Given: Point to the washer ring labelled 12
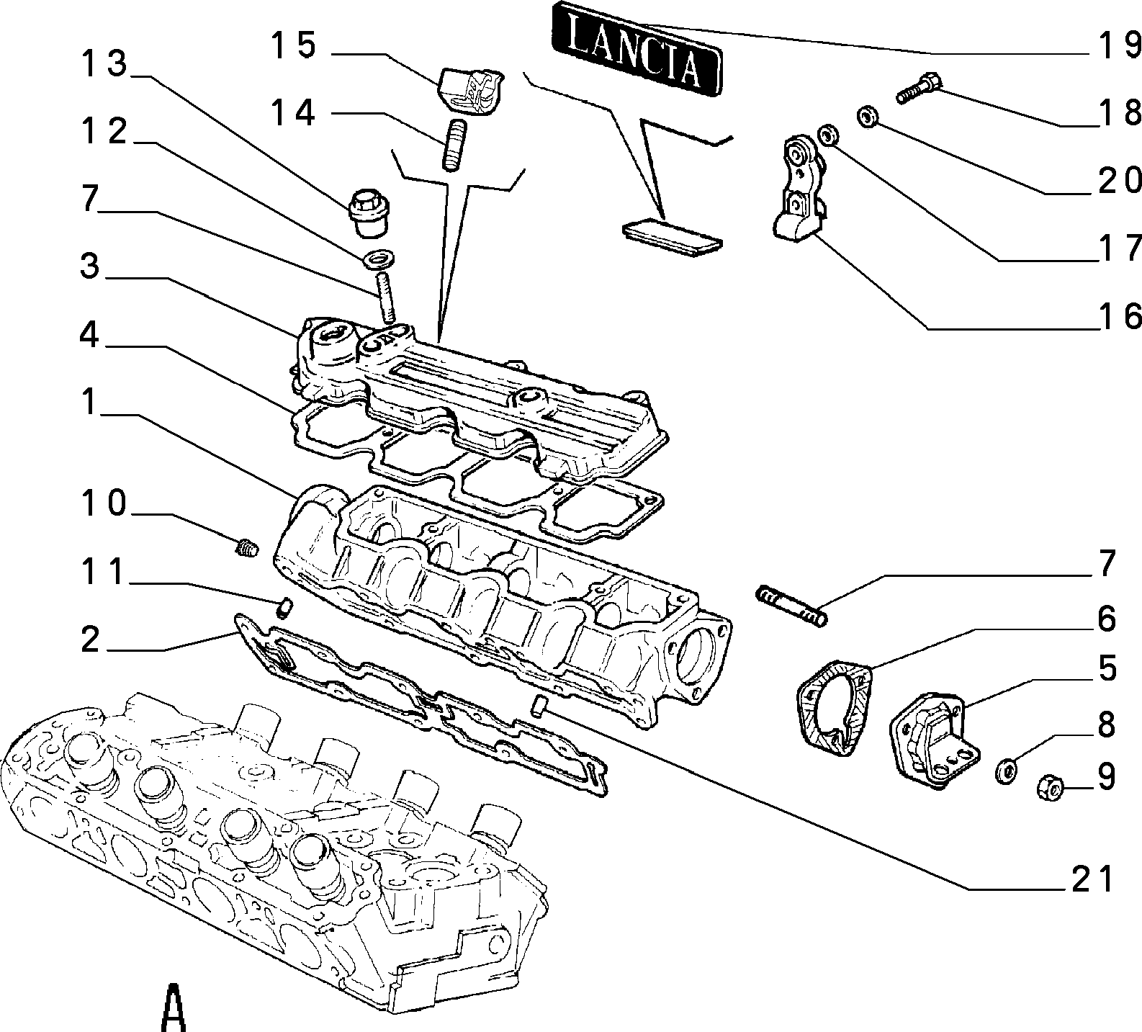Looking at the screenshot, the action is pyautogui.click(x=380, y=257).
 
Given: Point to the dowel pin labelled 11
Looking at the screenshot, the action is pyautogui.click(x=284, y=607).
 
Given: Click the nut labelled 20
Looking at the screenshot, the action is pyautogui.click(x=867, y=115).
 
